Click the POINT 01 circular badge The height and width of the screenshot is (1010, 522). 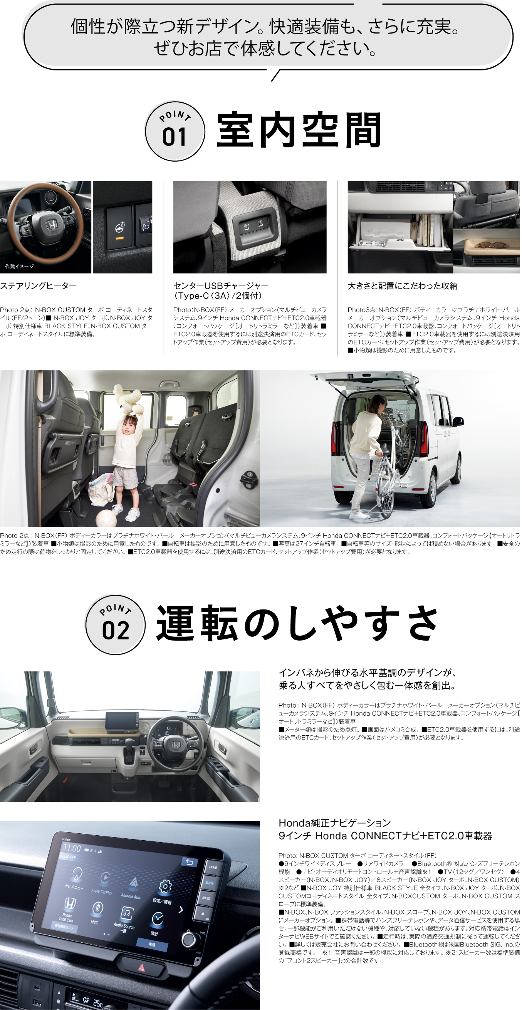(175, 131)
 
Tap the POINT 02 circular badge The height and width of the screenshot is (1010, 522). (116, 625)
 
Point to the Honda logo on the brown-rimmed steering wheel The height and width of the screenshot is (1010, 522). (51, 225)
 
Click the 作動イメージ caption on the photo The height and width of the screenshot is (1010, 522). (19, 267)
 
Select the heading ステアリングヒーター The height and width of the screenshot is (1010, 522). (38, 286)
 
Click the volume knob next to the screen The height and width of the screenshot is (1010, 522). (189, 939)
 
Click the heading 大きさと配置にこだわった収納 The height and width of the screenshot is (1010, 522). (403, 286)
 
